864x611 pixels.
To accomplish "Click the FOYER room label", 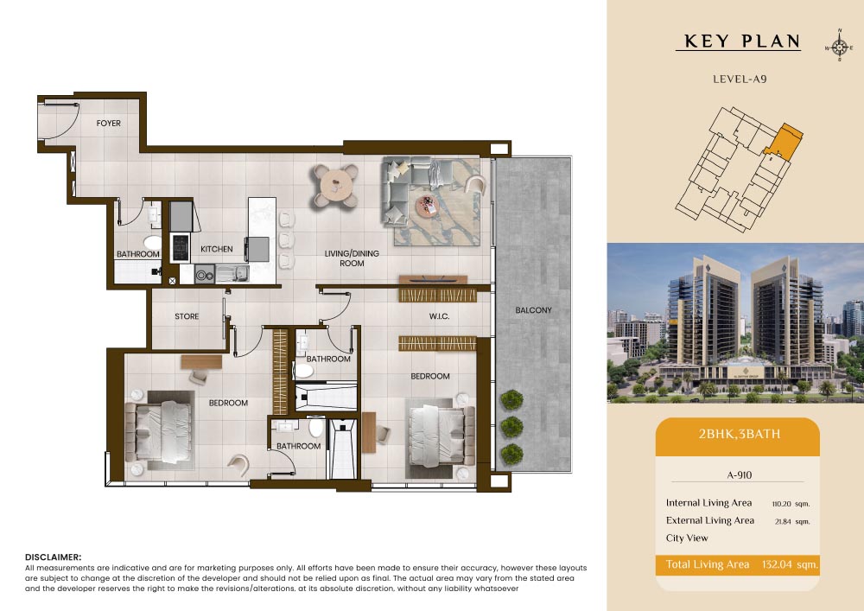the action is (x=109, y=124).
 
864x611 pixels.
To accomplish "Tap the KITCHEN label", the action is (x=217, y=249).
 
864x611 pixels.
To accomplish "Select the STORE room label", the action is (x=187, y=316).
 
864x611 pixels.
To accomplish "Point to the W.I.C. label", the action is (x=439, y=316).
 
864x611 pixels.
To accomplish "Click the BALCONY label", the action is (x=533, y=310).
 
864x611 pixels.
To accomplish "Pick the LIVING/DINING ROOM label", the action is (x=352, y=258).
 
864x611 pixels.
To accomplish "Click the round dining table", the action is (x=335, y=185).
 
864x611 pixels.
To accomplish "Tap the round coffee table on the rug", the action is (x=428, y=207).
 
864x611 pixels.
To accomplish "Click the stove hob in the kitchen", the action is (x=181, y=248).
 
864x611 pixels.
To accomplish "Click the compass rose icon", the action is (x=839, y=48).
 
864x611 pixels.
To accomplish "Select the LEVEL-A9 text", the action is (x=740, y=79).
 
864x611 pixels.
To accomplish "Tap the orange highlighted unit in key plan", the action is (x=784, y=142).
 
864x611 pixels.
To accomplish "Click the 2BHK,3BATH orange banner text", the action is (x=740, y=434).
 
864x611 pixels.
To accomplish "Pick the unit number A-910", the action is (x=740, y=475).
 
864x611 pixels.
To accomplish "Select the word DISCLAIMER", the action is (x=53, y=557).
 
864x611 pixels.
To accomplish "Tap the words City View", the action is (x=687, y=538).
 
